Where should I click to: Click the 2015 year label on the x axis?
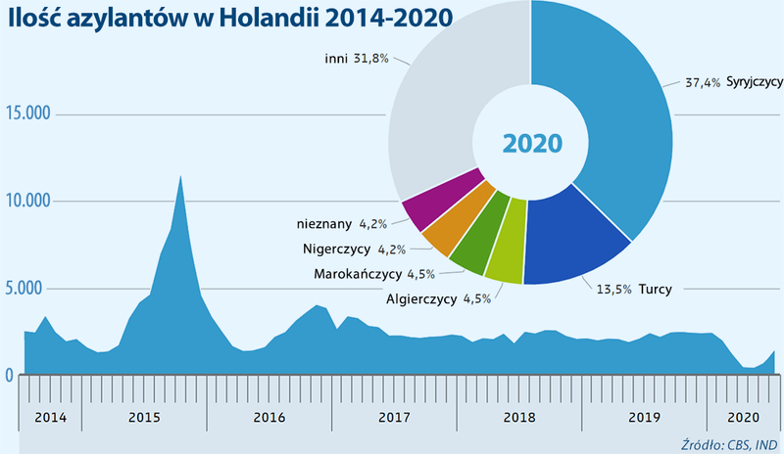point(144,417)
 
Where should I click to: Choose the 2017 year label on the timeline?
point(393,417)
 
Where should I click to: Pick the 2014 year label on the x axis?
point(50,417)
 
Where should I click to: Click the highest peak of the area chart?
point(179,177)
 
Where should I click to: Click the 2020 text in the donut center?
point(532,143)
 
